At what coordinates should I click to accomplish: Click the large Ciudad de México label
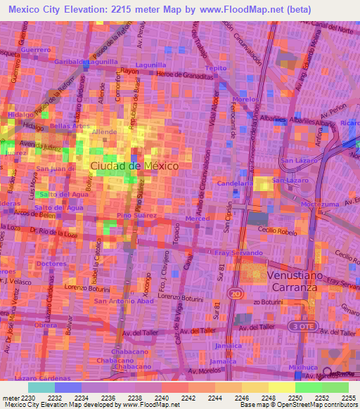(134, 165)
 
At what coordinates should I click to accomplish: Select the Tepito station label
(215, 68)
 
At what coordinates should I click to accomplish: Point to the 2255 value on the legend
(349, 398)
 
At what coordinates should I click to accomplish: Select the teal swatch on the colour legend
(41, 387)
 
